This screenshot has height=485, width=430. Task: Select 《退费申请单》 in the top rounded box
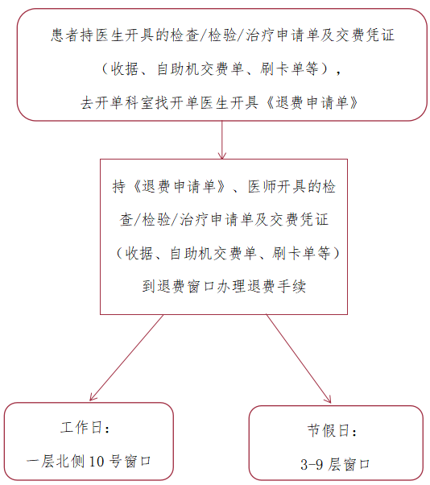tap(312, 102)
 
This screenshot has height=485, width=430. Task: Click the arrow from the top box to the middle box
tap(222, 140)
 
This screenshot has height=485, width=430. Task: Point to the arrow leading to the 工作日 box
tap(126, 358)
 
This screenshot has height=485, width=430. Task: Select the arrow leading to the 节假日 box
tap(299, 359)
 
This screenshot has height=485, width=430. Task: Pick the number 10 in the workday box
tap(97, 461)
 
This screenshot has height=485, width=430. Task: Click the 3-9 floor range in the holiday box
tap(312, 464)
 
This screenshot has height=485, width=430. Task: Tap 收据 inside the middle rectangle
tap(139, 253)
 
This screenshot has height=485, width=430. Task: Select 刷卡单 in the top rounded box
tap(282, 68)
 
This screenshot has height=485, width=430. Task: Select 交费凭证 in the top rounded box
tap(365, 35)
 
